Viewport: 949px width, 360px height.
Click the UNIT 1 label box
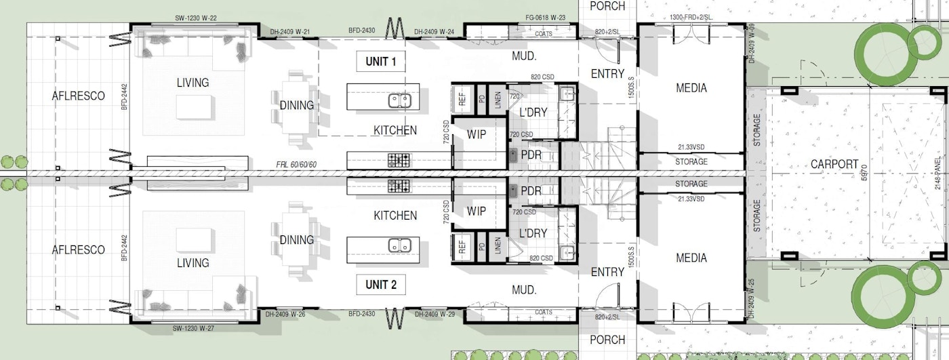click(x=381, y=62)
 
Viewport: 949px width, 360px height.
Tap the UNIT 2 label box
click(x=381, y=284)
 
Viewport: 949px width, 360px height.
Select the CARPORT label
click(x=834, y=164)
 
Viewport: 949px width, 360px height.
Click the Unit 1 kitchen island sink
click(x=399, y=100)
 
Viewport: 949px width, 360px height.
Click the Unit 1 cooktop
click(x=399, y=161)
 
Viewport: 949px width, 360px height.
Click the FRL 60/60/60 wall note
click(x=296, y=165)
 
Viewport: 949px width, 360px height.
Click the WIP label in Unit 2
click(x=477, y=212)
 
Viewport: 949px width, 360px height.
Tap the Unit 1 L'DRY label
click(x=533, y=112)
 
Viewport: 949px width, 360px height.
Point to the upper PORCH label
click(x=607, y=5)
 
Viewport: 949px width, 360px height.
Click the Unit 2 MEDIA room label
click(x=691, y=258)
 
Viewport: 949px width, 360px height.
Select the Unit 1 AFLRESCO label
click(x=79, y=96)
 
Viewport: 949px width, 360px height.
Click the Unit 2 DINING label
click(x=297, y=240)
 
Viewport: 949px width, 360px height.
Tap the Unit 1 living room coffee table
click(x=195, y=106)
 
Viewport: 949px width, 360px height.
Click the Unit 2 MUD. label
click(x=524, y=289)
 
